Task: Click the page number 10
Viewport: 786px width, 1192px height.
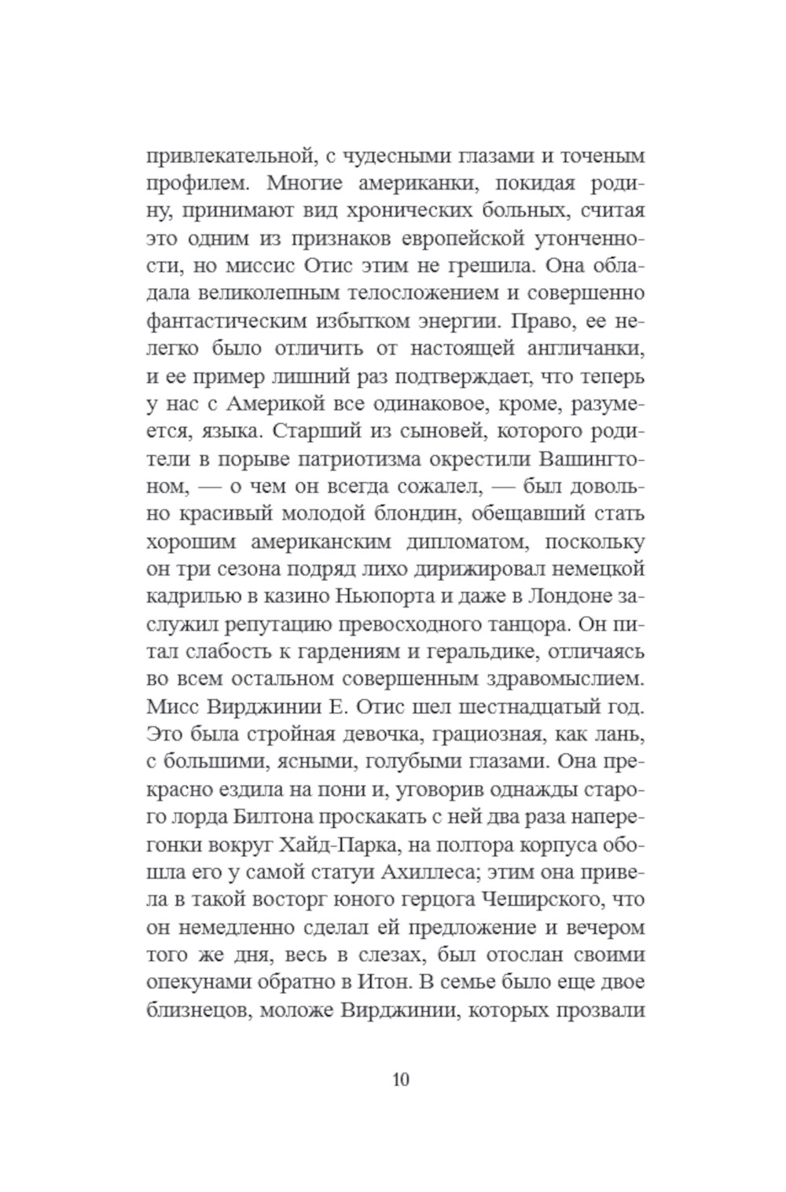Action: [x=400, y=1079]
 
